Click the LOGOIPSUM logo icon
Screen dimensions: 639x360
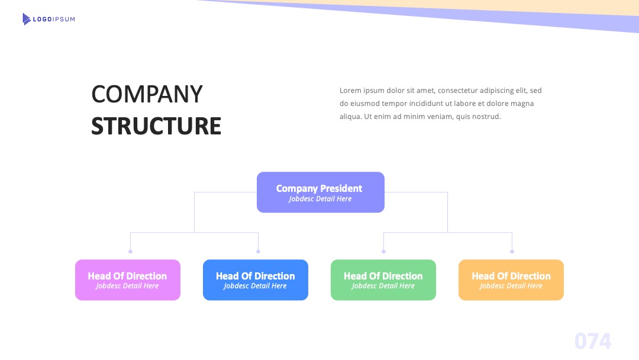[x=27, y=19]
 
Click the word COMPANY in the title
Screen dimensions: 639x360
[x=147, y=94]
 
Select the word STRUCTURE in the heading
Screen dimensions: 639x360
[x=156, y=126]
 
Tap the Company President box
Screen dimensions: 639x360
[x=321, y=192]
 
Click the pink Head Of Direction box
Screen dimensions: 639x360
[x=128, y=280]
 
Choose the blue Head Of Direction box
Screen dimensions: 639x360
[x=256, y=280]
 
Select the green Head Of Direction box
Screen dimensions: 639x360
[x=383, y=280]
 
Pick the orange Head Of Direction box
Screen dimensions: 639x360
[x=511, y=280]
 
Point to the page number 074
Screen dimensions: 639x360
[x=593, y=341]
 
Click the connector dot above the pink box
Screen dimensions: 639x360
[x=130, y=252]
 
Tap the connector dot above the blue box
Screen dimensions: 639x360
[x=259, y=252]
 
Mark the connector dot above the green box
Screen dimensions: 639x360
[x=383, y=252]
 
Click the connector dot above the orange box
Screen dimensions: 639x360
[x=512, y=252]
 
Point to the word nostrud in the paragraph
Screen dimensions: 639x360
[x=486, y=117]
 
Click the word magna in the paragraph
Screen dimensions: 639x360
[x=522, y=104]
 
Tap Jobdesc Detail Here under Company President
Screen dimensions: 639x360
[x=320, y=199]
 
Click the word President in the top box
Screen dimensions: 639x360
[x=341, y=188]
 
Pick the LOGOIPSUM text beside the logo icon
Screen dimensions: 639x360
[x=54, y=19]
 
